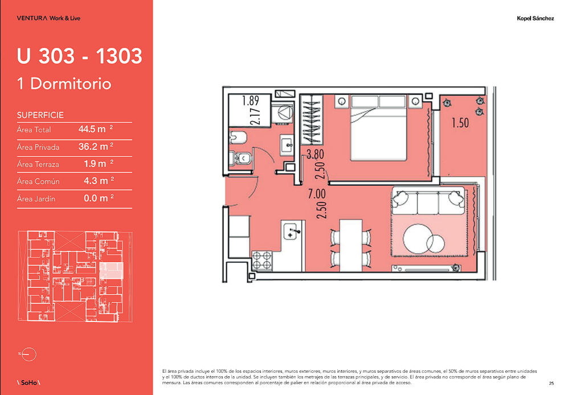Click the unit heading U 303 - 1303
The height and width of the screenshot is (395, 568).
point(79,56)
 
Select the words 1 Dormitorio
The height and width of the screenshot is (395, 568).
point(64,84)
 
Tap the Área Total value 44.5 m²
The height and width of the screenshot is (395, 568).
point(96,129)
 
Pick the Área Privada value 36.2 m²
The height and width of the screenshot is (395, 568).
point(96,146)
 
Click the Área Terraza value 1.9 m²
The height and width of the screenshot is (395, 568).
point(99,164)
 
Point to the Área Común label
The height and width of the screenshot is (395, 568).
point(38,181)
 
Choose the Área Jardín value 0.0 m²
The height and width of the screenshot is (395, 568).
point(99,198)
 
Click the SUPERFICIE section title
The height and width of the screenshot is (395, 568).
point(40,115)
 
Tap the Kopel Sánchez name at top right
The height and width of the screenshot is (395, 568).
point(535,18)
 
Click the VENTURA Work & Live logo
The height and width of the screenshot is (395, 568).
point(48,18)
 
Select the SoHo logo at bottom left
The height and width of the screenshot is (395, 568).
point(28,382)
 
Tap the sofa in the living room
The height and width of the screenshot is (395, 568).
point(428,201)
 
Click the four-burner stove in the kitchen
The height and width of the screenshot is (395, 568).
point(262,260)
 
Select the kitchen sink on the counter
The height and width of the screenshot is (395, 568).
point(291,231)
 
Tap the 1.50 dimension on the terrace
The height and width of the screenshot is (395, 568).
point(460,123)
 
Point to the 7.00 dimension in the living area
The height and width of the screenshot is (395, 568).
point(317,194)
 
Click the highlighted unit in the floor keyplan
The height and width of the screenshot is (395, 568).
point(112,271)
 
